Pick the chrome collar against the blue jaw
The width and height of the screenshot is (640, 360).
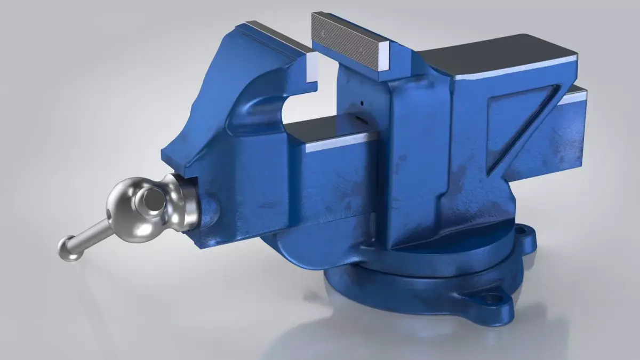coord(184,202)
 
